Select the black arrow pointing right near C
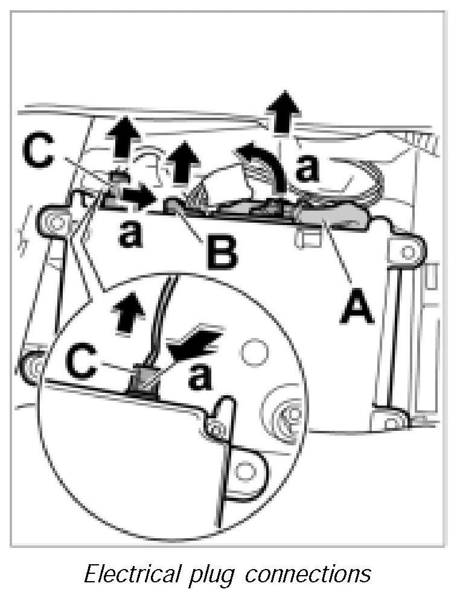click(137, 196)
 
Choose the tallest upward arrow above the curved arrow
click(284, 112)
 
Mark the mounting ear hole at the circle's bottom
click(245, 469)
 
